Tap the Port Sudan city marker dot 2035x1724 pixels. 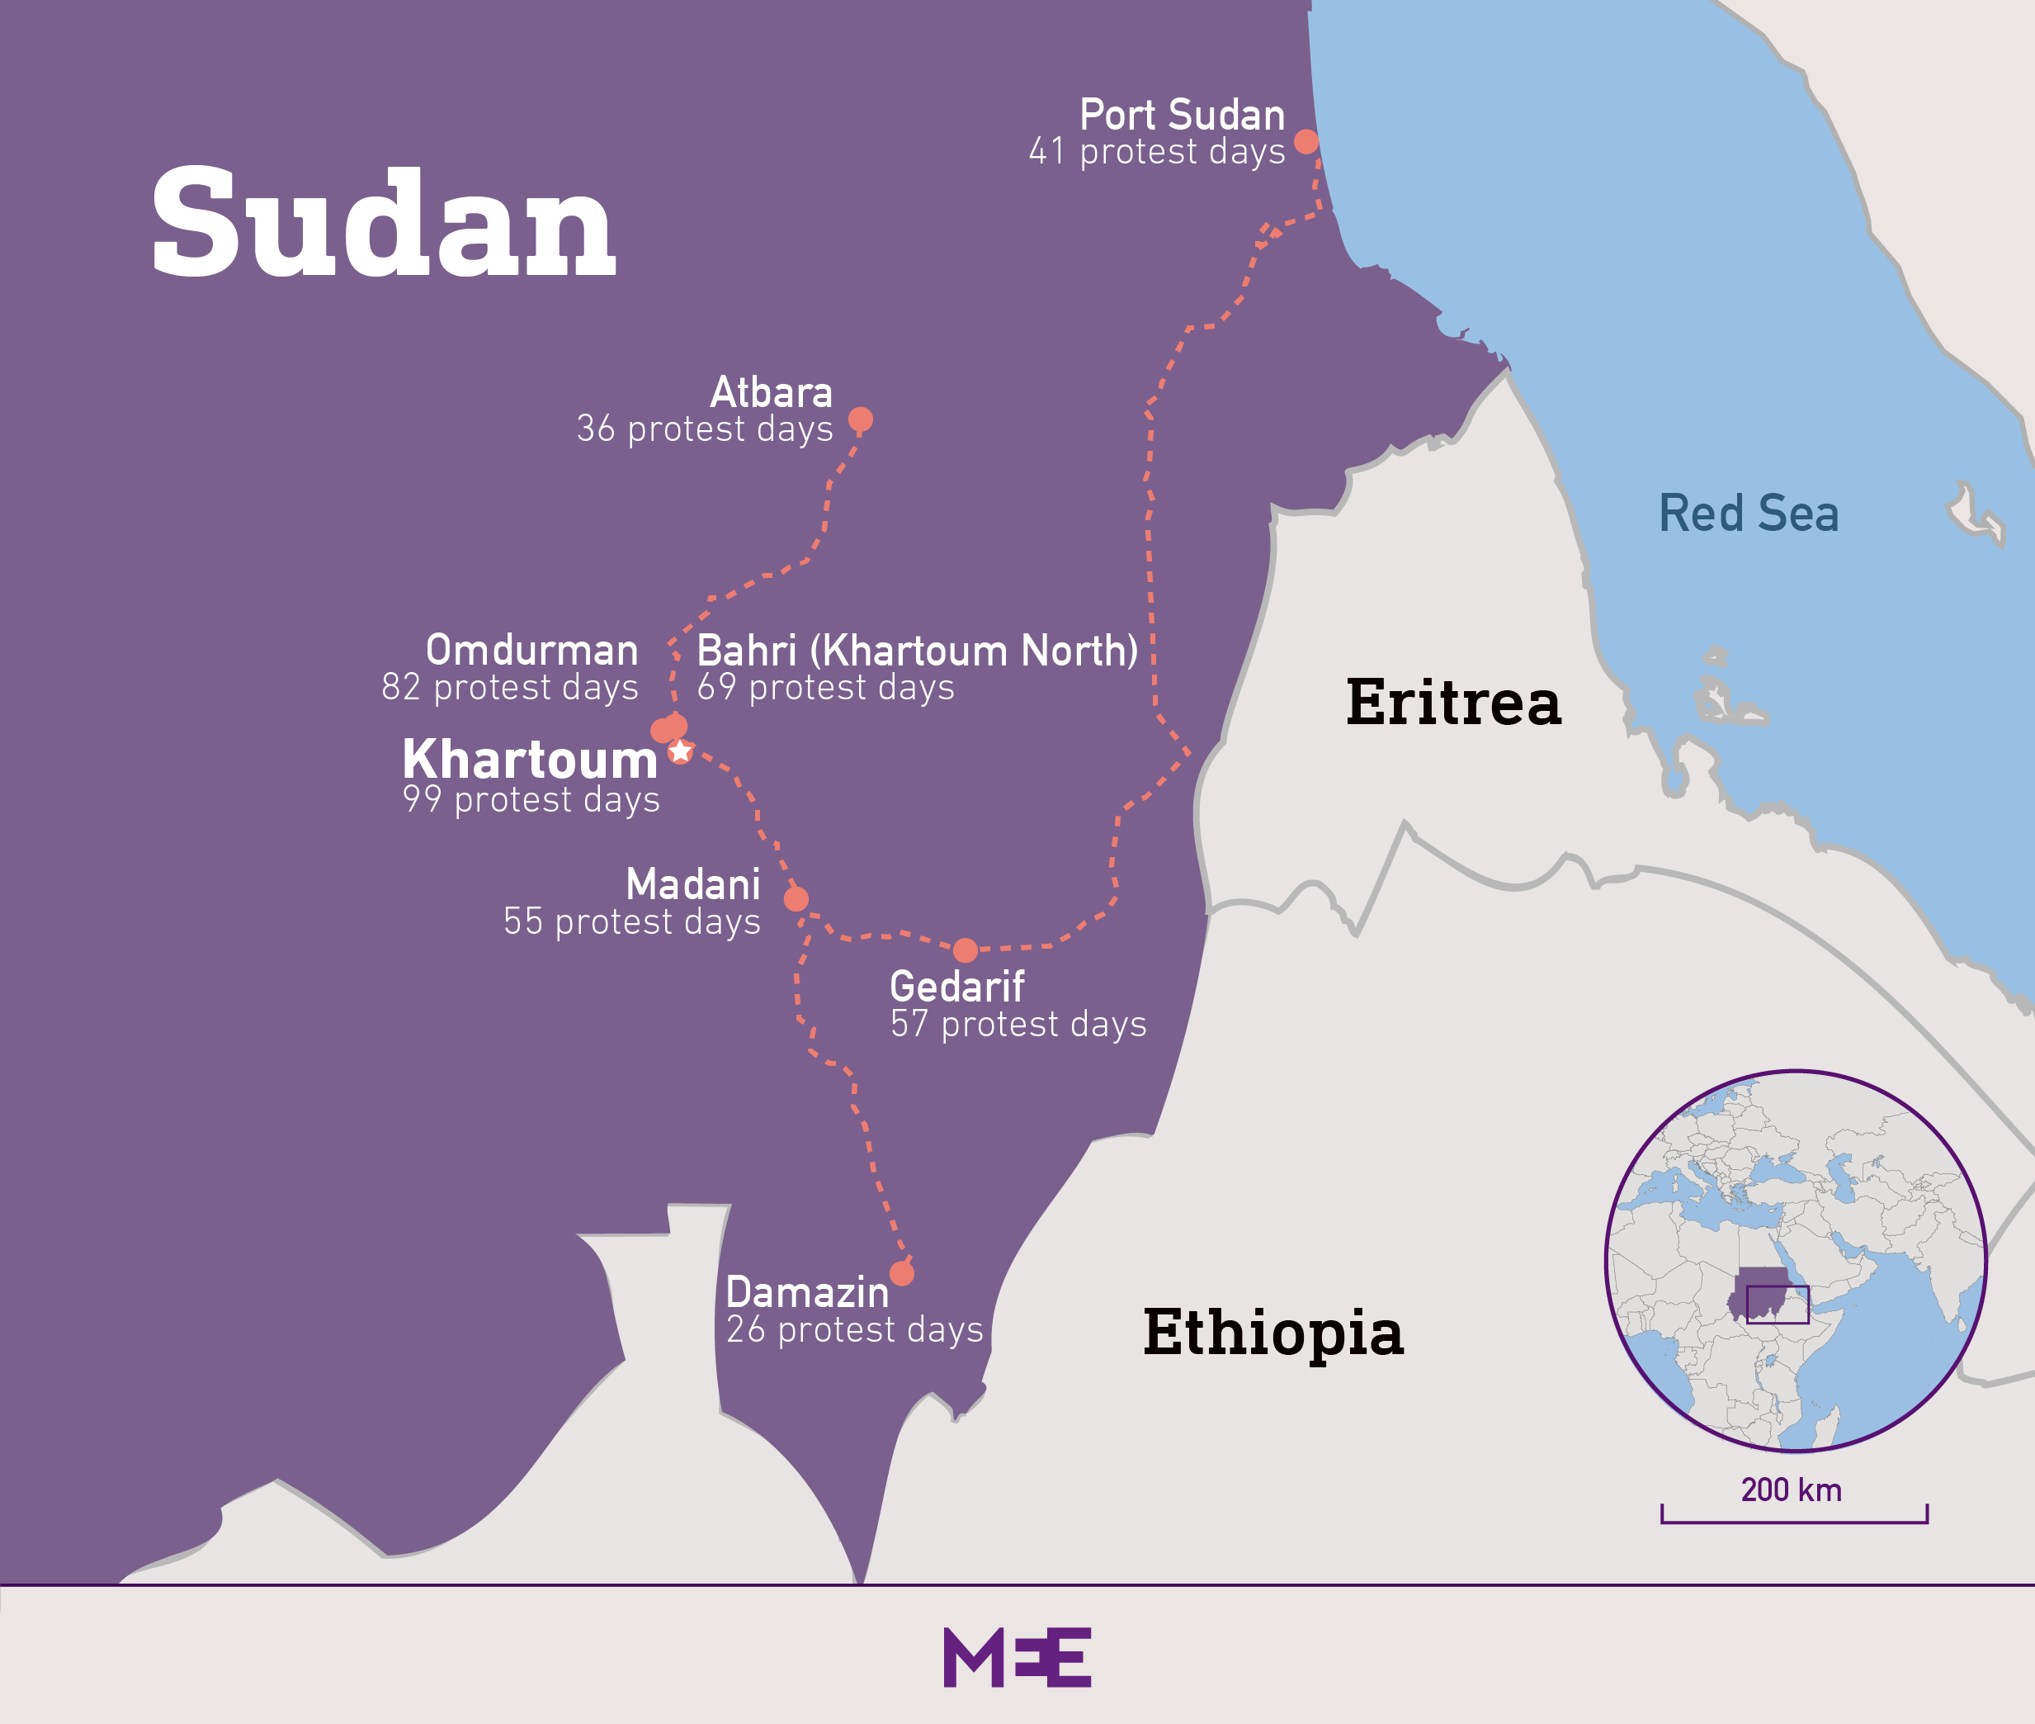coord(1306,142)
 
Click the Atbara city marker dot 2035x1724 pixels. coord(860,419)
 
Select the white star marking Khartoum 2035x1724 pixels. coord(681,751)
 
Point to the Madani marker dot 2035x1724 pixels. coord(796,899)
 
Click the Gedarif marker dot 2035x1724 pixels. coord(966,950)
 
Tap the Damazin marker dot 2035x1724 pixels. coord(902,1273)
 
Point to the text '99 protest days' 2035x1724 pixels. coord(531,799)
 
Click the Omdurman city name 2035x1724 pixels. coord(531,650)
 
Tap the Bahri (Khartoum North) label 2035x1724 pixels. coord(918,650)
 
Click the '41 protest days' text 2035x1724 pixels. coord(1157,151)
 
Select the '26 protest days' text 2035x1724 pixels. coord(854,1329)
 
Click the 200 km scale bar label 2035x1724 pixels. coord(1791,1490)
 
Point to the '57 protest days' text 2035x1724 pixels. coord(1018,1023)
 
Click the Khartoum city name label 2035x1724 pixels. coord(531,760)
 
